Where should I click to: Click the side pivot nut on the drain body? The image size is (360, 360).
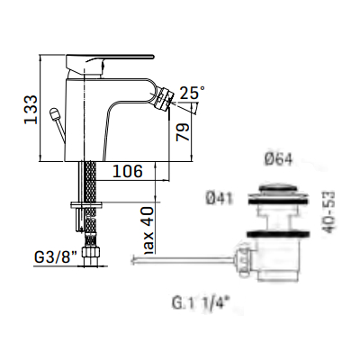tap(245, 261)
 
